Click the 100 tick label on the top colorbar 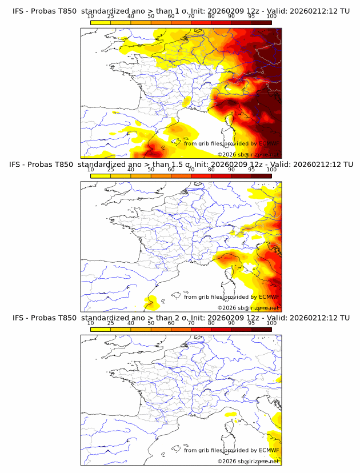pyautogui.click(x=271, y=16)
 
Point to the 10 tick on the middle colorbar pyautogui.click(x=90, y=170)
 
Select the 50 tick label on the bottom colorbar pyautogui.click(x=151, y=323)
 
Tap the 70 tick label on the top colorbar pyautogui.click(x=191, y=16)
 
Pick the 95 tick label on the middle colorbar pyautogui.click(x=251, y=170)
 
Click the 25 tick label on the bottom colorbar pyautogui.click(x=110, y=323)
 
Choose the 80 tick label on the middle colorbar pyautogui.click(x=211, y=170)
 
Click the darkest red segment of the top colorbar pyautogui.click(x=261, y=22)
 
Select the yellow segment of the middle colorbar pyautogui.click(x=101, y=176)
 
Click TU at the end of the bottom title pyautogui.click(x=345, y=318)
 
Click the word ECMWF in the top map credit pyautogui.click(x=269, y=143)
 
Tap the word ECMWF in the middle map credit pyautogui.click(x=269, y=297)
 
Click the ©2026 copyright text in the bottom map pyautogui.click(x=227, y=461)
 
